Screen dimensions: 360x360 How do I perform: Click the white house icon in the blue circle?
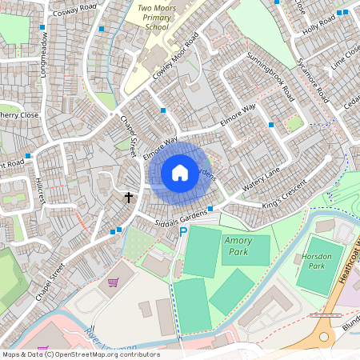[180, 173]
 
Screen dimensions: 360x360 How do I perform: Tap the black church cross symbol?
[128, 196]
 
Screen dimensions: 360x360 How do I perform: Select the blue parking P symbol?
[182, 232]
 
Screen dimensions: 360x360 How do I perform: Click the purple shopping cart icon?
[114, 282]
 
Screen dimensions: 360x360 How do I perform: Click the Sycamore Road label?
[312, 80]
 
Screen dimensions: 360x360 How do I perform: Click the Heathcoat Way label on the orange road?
[350, 256]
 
